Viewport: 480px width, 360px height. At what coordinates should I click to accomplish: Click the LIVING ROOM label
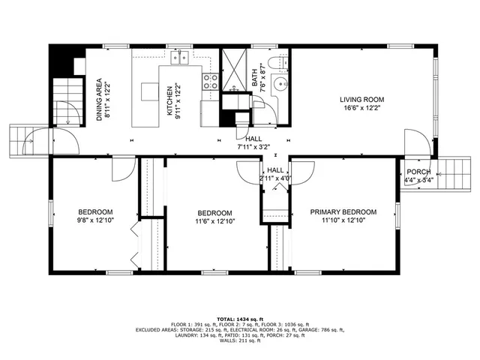pos(361,99)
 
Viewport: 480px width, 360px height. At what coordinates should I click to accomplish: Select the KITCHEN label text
pos(169,98)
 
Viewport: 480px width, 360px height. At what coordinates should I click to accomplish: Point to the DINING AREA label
pos(99,100)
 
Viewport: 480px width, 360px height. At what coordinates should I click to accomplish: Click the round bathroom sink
pos(279,84)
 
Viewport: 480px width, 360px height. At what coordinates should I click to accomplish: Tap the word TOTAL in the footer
pos(223,318)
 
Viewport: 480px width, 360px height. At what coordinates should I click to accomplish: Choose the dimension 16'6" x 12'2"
pos(361,108)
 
